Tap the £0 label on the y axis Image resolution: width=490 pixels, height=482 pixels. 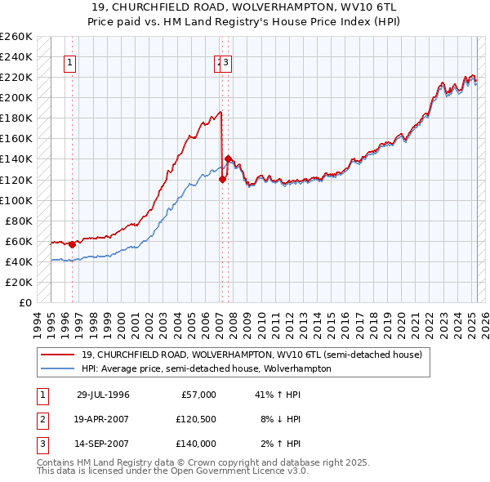(x=24, y=302)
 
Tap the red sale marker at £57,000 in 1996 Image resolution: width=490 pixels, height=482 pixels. (x=72, y=244)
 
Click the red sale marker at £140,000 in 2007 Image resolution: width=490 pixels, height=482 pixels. (x=228, y=158)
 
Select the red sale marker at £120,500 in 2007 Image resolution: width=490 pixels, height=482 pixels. (x=222, y=180)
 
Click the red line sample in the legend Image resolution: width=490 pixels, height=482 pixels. (x=57, y=355)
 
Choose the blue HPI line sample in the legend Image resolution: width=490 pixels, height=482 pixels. (x=57, y=368)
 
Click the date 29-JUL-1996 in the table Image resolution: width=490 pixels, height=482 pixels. (x=103, y=395)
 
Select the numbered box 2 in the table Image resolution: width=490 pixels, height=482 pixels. (x=41, y=419)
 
